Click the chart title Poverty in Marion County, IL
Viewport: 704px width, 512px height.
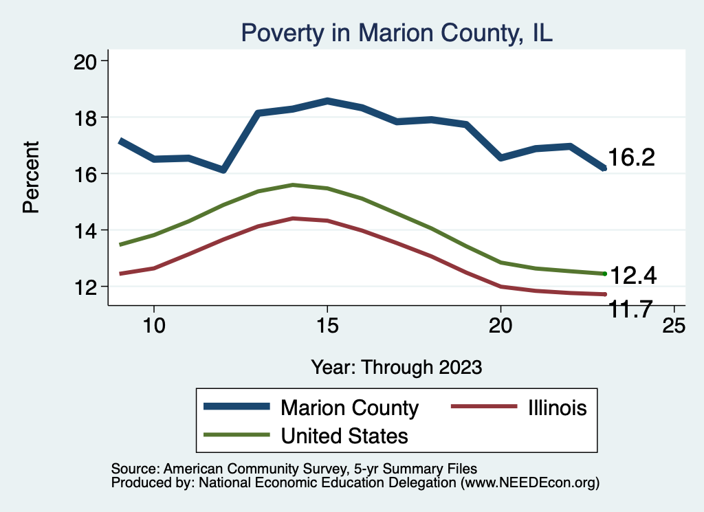396,32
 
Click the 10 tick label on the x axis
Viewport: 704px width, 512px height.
154,325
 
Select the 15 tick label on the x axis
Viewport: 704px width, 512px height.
327,325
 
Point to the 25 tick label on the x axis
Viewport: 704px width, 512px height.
674,325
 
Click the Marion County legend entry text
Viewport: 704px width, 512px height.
349,408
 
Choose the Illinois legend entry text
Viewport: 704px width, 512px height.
558,408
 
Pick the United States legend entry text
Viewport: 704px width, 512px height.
344,435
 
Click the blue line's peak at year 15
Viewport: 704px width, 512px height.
327,100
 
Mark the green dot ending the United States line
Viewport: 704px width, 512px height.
604,274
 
